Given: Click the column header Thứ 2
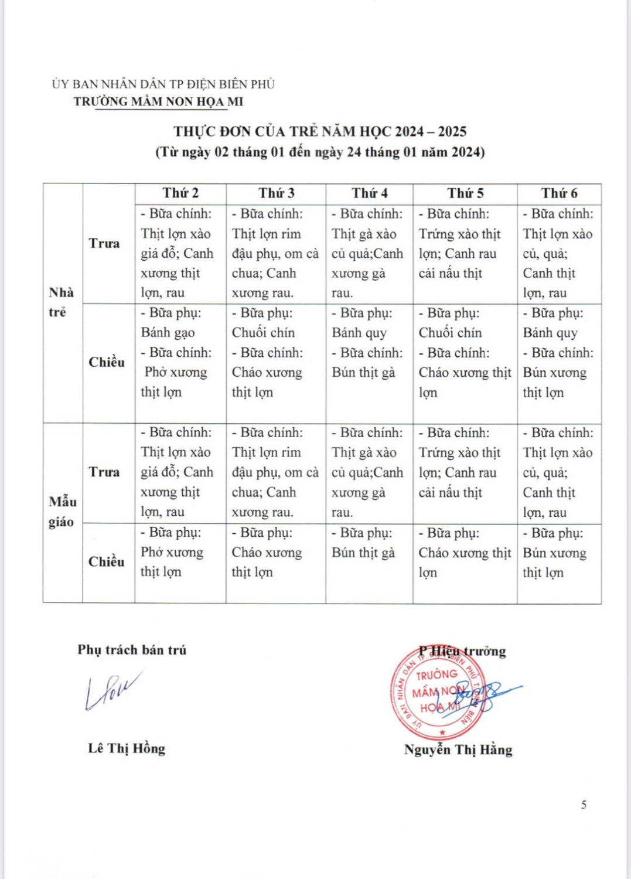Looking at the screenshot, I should click(180, 193).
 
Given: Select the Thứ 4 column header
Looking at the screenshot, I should click(369, 193).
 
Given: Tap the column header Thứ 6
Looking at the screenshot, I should click(559, 193).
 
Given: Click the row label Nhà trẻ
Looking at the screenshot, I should click(61, 302).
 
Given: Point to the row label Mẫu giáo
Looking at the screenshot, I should click(62, 512).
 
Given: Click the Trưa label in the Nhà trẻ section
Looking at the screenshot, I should click(104, 243).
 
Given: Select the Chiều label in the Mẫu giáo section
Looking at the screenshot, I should click(106, 561).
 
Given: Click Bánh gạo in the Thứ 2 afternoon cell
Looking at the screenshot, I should click(168, 333).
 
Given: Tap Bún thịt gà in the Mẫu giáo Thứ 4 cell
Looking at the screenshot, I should click(363, 553).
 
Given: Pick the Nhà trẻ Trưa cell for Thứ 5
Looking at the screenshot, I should click(464, 253).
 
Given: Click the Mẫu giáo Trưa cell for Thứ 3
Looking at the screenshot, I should click(275, 472).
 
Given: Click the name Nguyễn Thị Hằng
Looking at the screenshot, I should click(458, 749).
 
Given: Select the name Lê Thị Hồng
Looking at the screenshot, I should click(127, 748).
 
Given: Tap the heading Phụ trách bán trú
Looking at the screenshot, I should click(132, 650).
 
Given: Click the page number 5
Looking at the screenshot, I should click(583, 805).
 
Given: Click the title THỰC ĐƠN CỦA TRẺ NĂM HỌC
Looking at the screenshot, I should click(320, 131).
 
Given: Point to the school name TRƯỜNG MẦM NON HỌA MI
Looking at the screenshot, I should click(158, 101).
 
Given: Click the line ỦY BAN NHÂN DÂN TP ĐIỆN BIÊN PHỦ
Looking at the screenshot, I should click(163, 84).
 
